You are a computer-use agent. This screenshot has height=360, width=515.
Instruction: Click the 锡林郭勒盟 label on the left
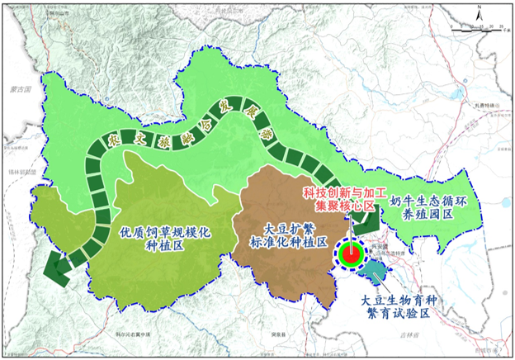point(17,172)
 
